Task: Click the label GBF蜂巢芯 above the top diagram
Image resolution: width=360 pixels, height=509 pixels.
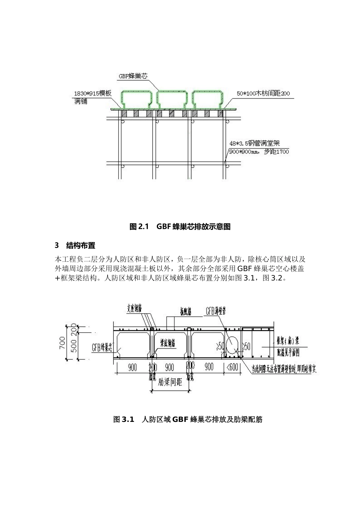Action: (x=132, y=76)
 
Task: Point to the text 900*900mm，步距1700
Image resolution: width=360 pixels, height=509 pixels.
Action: (x=259, y=151)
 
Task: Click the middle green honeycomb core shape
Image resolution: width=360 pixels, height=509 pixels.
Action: (x=172, y=99)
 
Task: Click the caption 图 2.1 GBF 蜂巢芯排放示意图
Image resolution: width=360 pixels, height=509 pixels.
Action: (x=180, y=227)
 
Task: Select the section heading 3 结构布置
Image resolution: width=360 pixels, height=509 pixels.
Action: (x=75, y=245)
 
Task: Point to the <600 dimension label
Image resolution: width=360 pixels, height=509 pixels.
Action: (x=232, y=367)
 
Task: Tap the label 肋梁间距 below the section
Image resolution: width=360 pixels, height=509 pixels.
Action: (x=170, y=382)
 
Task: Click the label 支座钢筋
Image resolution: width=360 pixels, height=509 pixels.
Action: (x=135, y=309)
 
